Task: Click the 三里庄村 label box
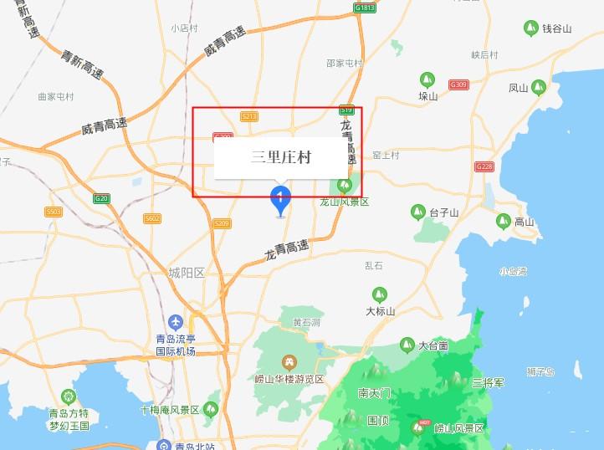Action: [280, 157]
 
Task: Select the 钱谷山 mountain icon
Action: [530, 29]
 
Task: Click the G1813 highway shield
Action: [365, 8]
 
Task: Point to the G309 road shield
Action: [458, 84]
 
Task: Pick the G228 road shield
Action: [484, 166]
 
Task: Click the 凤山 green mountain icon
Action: [539, 86]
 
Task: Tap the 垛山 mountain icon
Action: [427, 80]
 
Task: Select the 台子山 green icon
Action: [417, 212]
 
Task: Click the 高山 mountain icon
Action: [503, 221]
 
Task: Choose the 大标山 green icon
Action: [379, 295]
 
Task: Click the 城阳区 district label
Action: [186, 273]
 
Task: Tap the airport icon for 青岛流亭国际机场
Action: [176, 322]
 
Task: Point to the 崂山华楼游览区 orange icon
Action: [289, 362]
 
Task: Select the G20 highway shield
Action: [101, 198]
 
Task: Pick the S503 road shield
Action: [54, 212]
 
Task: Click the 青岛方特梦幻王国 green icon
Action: [68, 396]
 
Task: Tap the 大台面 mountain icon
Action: [407, 345]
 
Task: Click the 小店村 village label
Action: [184, 28]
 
